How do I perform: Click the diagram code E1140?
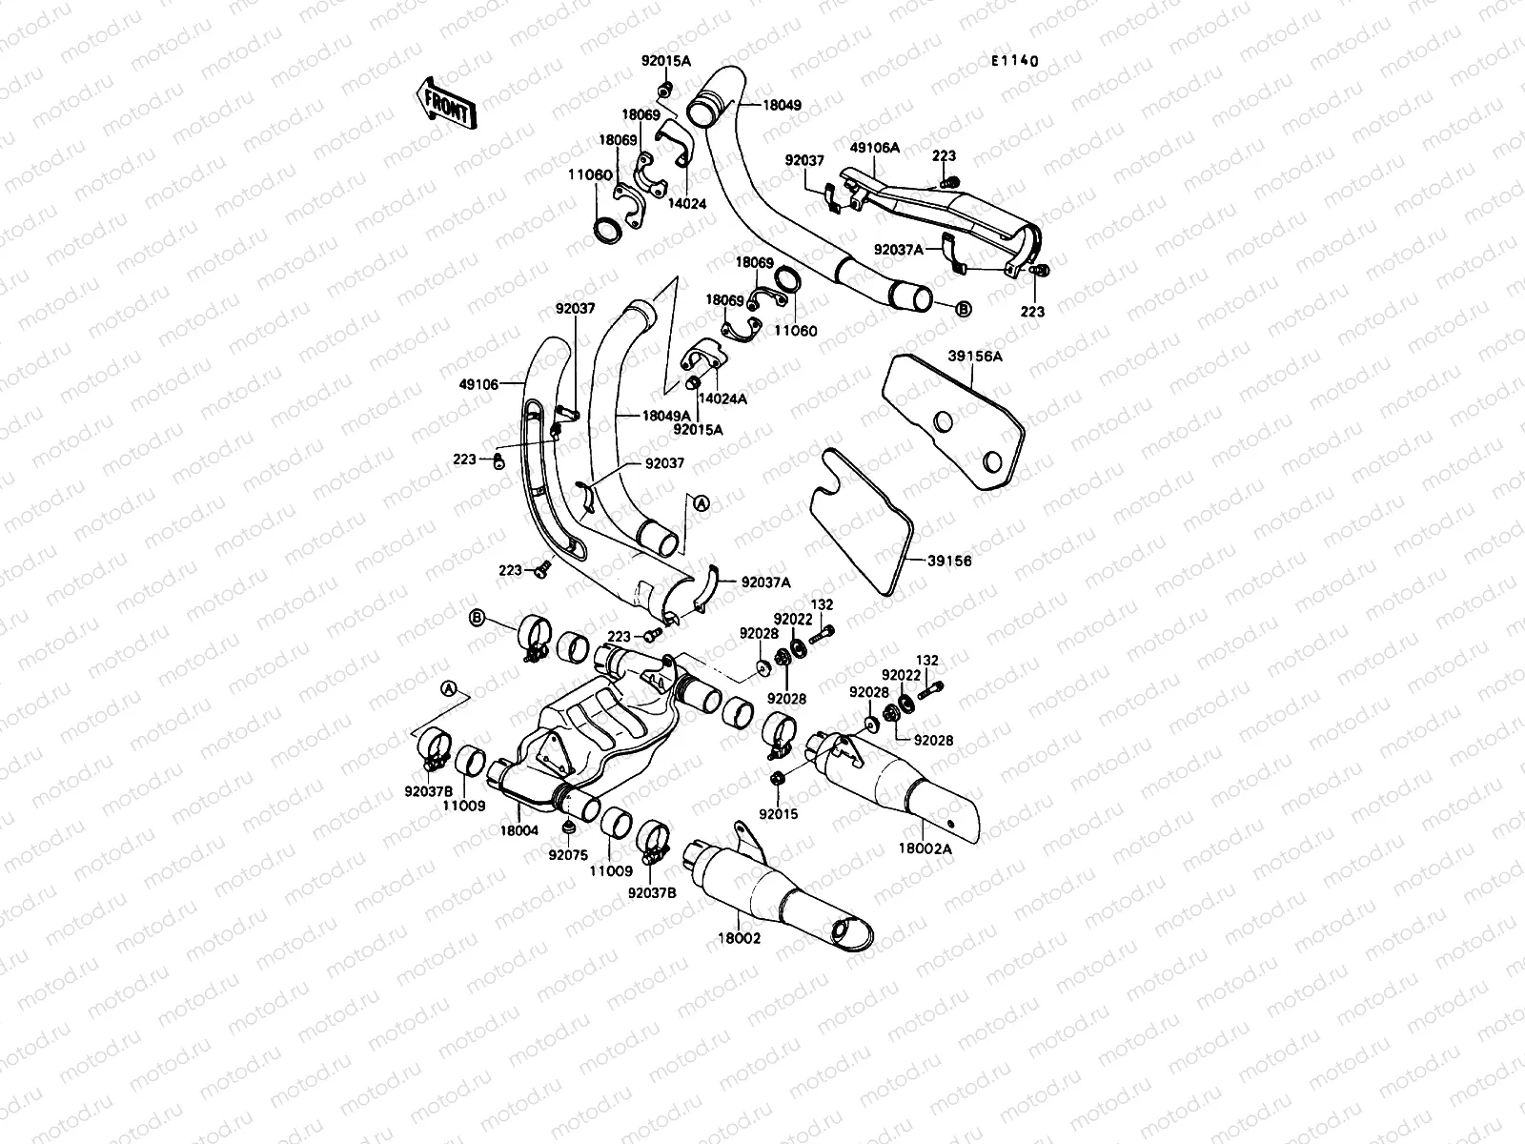click(x=1013, y=61)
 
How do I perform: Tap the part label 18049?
click(x=782, y=106)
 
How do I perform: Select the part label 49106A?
click(x=875, y=148)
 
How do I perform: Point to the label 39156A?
click(x=975, y=356)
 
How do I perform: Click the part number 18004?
click(x=518, y=830)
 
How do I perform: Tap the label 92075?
click(x=568, y=855)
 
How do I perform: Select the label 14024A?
click(x=723, y=398)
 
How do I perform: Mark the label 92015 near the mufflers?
click(x=779, y=814)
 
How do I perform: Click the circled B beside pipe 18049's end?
click(x=963, y=309)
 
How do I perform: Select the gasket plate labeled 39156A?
click(x=953, y=419)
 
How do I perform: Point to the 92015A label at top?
click(x=665, y=61)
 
